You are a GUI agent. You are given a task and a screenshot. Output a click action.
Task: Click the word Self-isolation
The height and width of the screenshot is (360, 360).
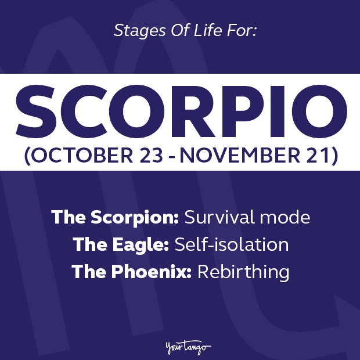click(231, 244)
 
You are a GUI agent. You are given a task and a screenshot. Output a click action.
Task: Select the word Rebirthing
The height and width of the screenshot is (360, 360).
click(243, 271)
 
